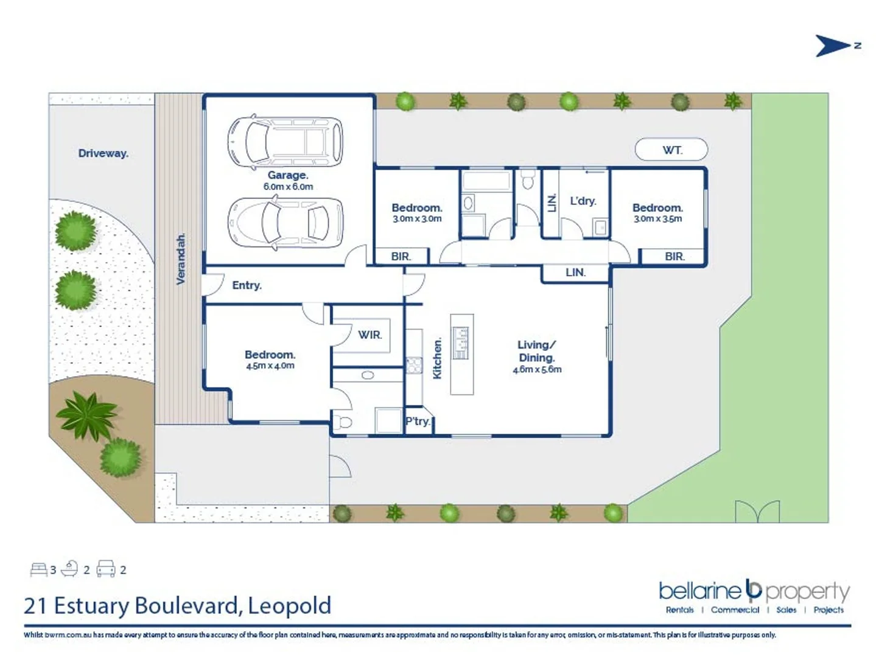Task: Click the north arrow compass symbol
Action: tap(833, 46)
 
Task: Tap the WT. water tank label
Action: tap(671, 150)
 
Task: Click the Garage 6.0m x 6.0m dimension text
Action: tap(288, 187)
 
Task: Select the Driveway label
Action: tap(103, 153)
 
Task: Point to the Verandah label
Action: tap(181, 259)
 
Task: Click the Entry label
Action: tap(247, 285)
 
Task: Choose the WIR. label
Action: tap(370, 335)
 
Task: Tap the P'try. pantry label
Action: tap(418, 421)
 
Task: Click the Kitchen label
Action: tap(437, 359)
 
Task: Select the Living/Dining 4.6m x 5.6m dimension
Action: tap(537, 369)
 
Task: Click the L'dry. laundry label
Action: tap(583, 201)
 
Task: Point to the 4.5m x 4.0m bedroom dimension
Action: tap(270, 366)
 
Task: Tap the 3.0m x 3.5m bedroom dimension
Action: tap(657, 218)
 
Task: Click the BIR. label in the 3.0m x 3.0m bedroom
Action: tap(401, 257)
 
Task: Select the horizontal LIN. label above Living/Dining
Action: tap(575, 273)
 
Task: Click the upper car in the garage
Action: tap(285, 142)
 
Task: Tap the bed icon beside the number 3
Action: tap(38, 569)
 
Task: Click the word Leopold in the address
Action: tap(290, 605)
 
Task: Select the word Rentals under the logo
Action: tap(679, 610)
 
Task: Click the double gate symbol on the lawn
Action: tap(757, 511)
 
